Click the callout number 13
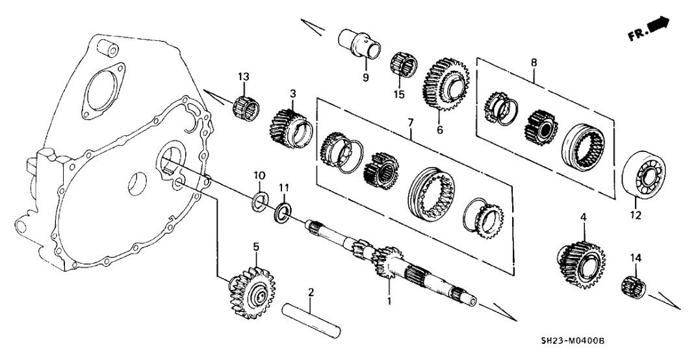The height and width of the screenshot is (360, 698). pyautogui.click(x=243, y=79)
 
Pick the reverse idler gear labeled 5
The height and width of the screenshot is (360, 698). pyautogui.click(x=252, y=287)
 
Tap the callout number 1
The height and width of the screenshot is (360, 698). pyautogui.click(x=390, y=302)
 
